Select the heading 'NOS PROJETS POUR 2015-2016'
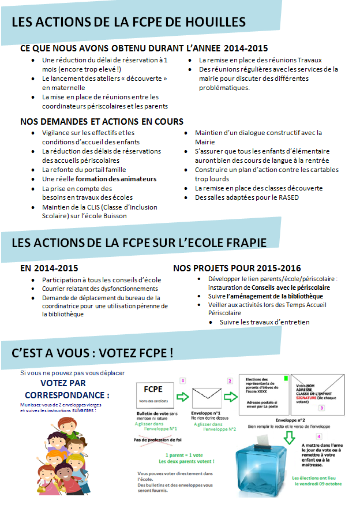(237, 268)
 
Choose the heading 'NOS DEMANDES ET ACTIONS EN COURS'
(102, 122)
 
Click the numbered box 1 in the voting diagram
(183, 380)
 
